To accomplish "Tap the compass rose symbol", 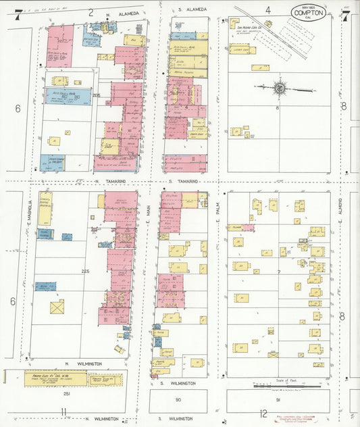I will [x=278, y=88].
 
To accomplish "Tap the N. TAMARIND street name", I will [x=113, y=182].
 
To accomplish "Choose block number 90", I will [x=178, y=400].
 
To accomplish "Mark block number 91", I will [x=277, y=400].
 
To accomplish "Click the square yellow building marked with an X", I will [x=57, y=306].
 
